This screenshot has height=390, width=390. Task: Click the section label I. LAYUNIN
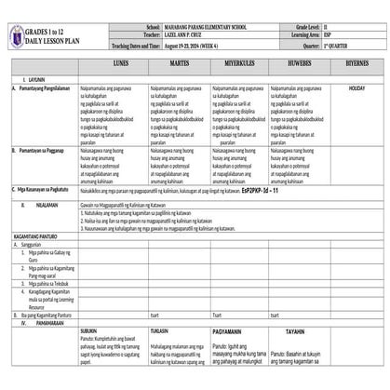pos(33,78)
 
